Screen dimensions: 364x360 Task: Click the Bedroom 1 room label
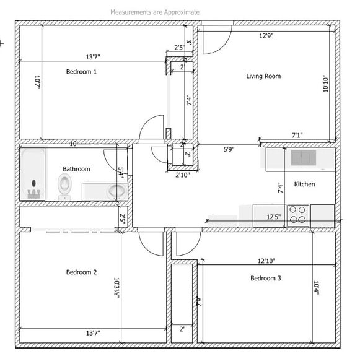(81, 72)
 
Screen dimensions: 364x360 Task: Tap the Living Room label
(263, 76)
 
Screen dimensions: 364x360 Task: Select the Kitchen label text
(304, 184)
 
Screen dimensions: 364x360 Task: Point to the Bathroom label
(76, 169)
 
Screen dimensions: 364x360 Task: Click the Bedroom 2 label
(81, 272)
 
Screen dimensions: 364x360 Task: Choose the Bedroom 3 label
(266, 279)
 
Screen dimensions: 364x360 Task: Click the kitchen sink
(303, 158)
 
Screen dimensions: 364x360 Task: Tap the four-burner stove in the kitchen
(298, 214)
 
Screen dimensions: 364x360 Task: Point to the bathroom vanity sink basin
(115, 191)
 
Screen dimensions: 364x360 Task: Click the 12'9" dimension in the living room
(266, 36)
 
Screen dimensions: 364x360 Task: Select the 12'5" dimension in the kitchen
(273, 217)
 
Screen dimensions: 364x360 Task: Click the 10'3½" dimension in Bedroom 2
(116, 286)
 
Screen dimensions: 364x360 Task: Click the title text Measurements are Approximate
(155, 12)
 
